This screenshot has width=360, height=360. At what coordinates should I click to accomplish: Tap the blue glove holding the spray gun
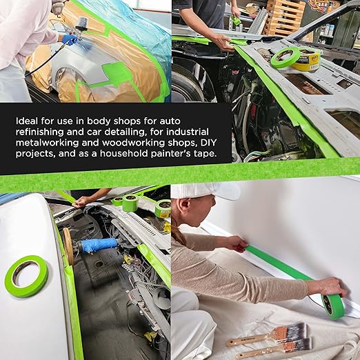pos(70,40)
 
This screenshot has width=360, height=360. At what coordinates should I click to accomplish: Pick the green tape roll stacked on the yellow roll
pos(286,57)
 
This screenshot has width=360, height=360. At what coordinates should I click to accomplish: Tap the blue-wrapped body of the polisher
pos(99,245)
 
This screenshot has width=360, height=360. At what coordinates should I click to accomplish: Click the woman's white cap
pos(204,191)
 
